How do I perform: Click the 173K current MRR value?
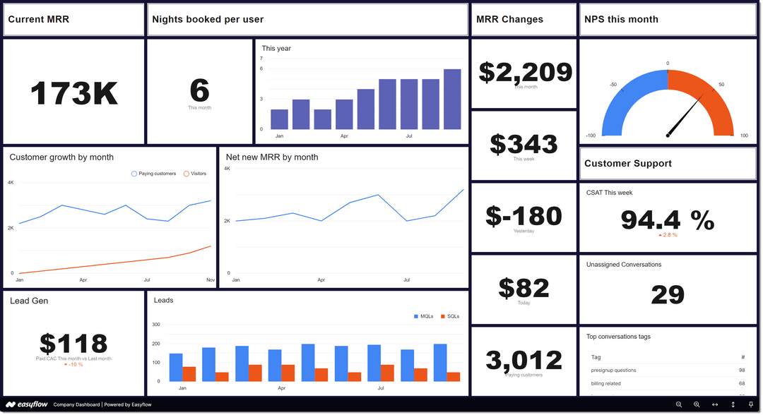(x=74, y=93)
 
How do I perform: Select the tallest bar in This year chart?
(x=452, y=99)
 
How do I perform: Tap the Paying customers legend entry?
(x=153, y=174)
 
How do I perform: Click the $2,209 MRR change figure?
(x=525, y=71)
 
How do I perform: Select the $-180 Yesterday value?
(x=524, y=216)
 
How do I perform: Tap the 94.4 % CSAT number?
(x=668, y=220)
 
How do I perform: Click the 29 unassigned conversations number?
(x=668, y=294)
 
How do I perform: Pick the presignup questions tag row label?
(x=613, y=370)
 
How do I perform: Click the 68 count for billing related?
(x=742, y=383)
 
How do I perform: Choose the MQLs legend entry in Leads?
(x=423, y=316)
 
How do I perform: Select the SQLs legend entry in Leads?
(x=449, y=316)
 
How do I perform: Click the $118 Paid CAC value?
(x=73, y=344)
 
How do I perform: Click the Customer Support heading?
(x=628, y=164)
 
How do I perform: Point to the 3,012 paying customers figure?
(x=524, y=360)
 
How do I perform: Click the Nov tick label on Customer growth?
(x=211, y=280)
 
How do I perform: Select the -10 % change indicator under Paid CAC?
(x=73, y=364)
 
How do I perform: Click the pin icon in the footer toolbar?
(x=750, y=404)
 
